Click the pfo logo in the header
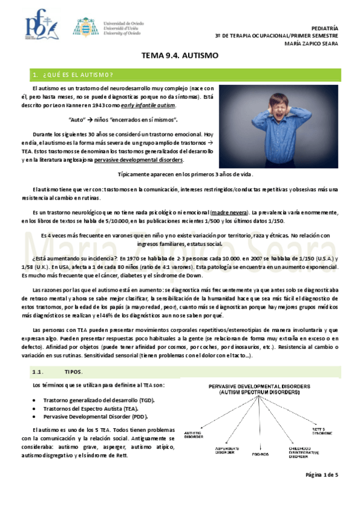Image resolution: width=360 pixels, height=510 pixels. [41, 25]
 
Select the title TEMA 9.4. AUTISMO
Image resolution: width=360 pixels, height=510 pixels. [179, 56]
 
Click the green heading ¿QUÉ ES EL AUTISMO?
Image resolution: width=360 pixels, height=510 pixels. [74, 75]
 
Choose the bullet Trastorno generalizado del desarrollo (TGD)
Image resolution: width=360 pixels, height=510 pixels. [100, 399]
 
